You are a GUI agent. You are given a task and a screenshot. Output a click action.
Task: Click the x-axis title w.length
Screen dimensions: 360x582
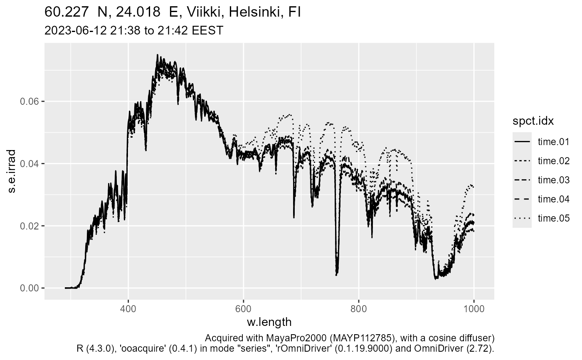click(x=269, y=322)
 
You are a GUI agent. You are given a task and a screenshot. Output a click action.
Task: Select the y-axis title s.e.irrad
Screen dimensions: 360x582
click(x=12, y=171)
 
